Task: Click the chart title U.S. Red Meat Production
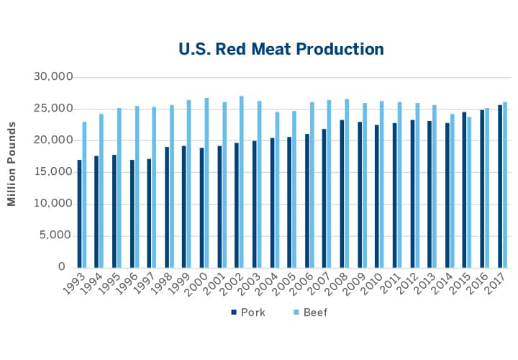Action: [281, 49]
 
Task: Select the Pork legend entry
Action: [249, 312]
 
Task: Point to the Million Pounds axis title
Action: [12, 164]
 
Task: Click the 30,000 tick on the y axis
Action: [54, 77]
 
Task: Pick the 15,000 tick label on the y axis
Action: [54, 172]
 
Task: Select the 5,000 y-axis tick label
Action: [58, 235]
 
